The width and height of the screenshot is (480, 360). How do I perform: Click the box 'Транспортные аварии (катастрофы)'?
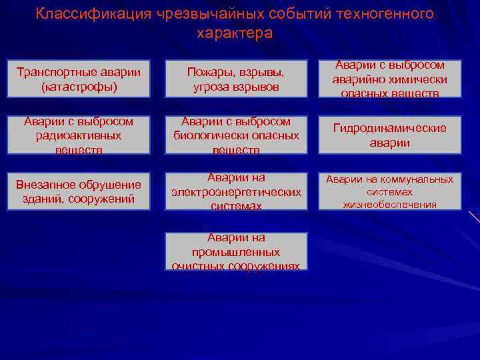coord(79,79)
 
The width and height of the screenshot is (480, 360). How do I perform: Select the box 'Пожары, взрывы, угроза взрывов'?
coord(235,79)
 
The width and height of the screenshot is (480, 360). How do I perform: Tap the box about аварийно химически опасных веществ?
coord(389,79)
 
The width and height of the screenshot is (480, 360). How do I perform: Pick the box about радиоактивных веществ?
coord(79,135)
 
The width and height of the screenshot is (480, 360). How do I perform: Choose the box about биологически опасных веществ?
coord(235,135)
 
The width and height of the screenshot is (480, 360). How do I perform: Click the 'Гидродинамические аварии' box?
coord(389,135)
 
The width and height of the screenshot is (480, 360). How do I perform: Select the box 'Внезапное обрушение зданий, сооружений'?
coord(79,191)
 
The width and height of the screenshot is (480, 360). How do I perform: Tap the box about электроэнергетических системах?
coord(235,191)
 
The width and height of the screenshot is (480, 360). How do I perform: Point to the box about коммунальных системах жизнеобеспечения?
coord(389,191)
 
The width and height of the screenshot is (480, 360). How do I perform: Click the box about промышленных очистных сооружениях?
coord(235,251)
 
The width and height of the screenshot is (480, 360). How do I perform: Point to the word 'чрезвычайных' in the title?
coord(202,14)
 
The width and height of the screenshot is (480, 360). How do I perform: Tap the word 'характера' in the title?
coord(235,33)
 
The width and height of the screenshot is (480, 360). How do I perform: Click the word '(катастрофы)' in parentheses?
coord(79,87)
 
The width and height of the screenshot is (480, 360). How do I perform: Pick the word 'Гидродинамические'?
coord(390,128)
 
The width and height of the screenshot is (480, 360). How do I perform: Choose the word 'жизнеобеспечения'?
coord(390,205)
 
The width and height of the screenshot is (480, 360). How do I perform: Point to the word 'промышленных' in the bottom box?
coord(235,253)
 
